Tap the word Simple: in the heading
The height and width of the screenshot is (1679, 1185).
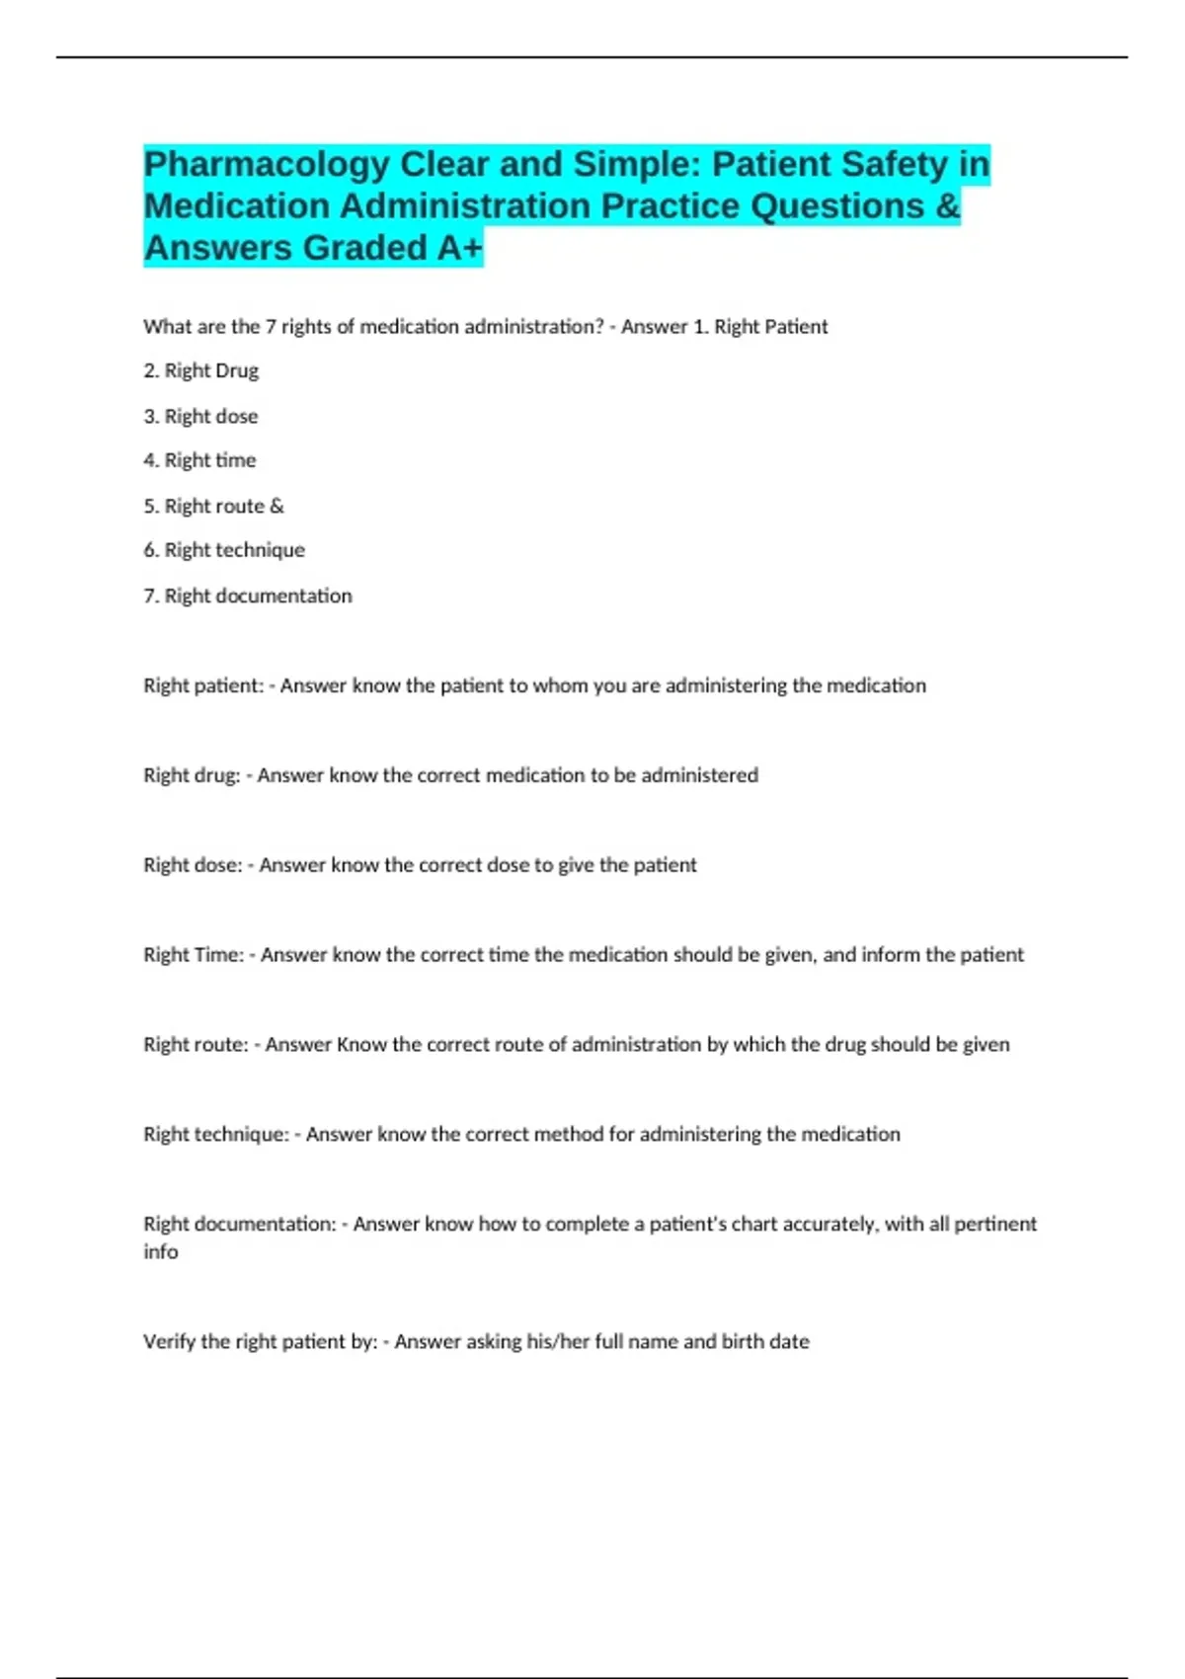tap(637, 164)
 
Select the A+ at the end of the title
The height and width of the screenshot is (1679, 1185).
tap(459, 248)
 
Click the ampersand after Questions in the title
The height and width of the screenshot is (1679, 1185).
tap(947, 206)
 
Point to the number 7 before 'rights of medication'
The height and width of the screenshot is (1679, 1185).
tap(271, 327)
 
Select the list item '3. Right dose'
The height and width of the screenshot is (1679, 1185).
tap(200, 417)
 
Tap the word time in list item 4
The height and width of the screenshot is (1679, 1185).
tap(236, 460)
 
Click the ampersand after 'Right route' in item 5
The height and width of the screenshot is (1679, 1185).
tap(276, 507)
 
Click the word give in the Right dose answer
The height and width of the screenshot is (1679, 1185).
tap(576, 865)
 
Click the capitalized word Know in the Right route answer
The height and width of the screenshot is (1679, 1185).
tap(361, 1045)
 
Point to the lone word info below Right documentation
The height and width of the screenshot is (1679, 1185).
tap(161, 1252)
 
